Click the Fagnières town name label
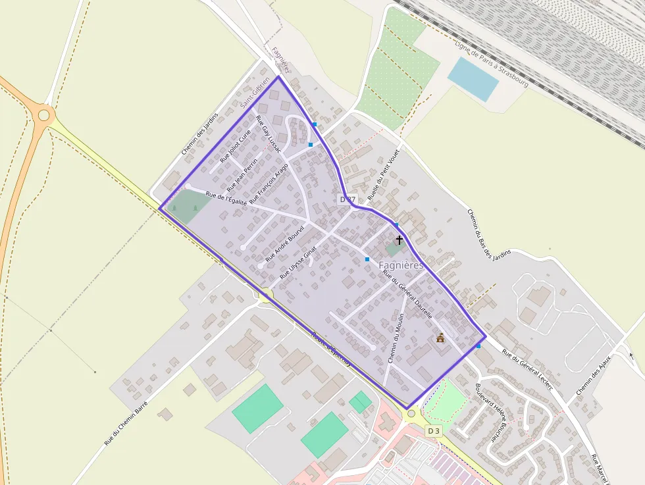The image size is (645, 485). [x=401, y=265]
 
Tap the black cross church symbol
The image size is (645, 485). [x=399, y=240]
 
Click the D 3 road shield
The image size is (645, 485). [x=433, y=430]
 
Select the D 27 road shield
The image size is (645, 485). [x=348, y=199]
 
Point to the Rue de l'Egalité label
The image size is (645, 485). [x=226, y=199]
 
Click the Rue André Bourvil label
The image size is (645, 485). [x=284, y=243]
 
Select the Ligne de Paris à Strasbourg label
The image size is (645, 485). [x=492, y=63]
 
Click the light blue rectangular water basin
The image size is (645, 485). [x=473, y=79]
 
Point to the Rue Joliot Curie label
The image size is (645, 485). [x=236, y=145]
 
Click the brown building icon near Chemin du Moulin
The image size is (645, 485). [x=440, y=338]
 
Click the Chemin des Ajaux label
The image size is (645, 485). [x=593, y=375]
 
